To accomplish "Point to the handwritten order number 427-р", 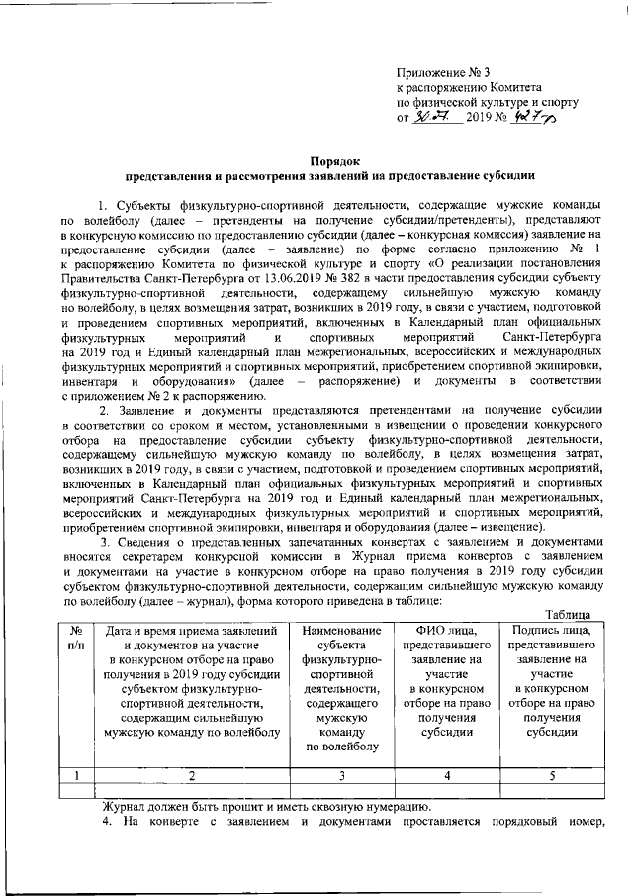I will pos(536,117).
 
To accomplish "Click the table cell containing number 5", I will pos(551,776).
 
